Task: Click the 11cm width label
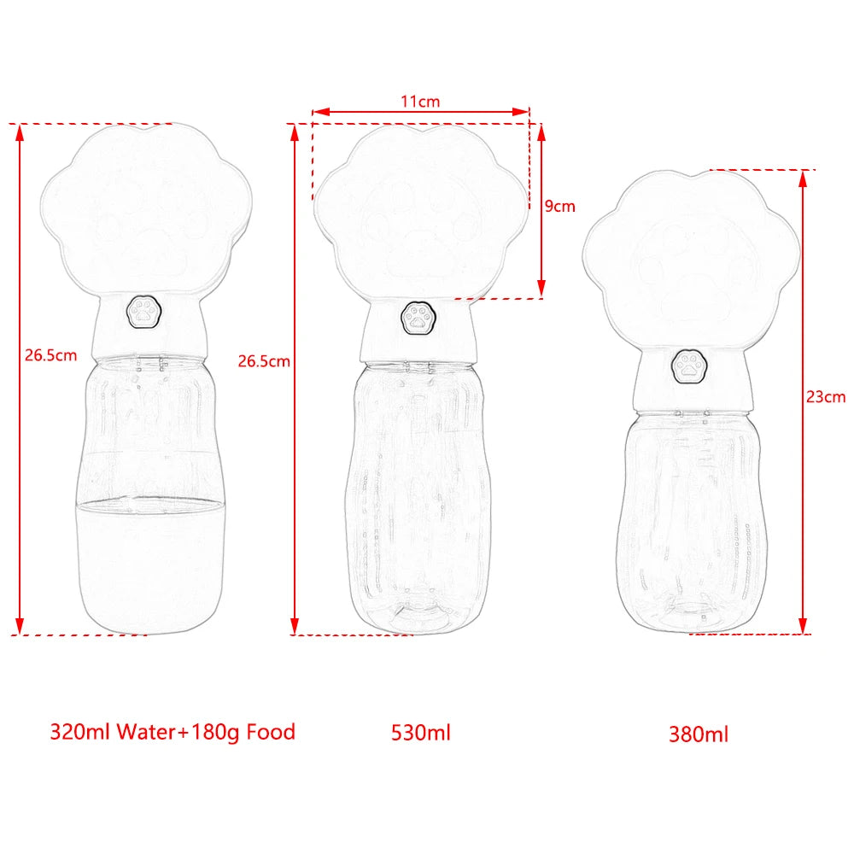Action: pos(420,101)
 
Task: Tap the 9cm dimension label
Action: pos(559,206)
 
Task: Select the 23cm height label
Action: pos(825,396)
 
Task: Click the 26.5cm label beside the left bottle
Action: pos(50,355)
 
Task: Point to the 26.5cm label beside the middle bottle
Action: pos(264,360)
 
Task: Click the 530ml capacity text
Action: pos(420,732)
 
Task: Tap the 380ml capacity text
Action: pos(699,734)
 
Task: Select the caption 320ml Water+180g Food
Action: pos(173,732)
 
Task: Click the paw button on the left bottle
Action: pos(142,313)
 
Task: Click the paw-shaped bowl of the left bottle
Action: pos(147,205)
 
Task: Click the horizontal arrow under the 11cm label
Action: pos(420,111)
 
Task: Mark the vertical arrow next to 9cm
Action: pos(540,209)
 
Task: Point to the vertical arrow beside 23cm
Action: pos(803,401)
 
